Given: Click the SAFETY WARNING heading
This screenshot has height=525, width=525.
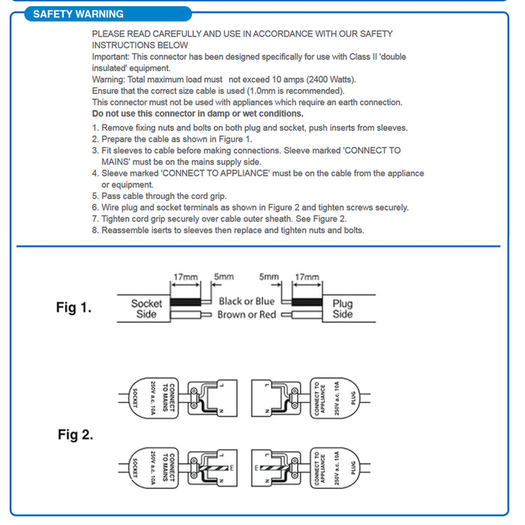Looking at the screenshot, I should pos(78,13).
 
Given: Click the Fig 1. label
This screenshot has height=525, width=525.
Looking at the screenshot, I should pos(74,307).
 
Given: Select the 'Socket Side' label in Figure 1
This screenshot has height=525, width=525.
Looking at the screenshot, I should pos(146,308).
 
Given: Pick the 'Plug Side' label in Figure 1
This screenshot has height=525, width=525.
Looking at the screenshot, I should pos(343,309).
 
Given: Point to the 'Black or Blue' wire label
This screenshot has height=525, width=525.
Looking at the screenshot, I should pos(247,301).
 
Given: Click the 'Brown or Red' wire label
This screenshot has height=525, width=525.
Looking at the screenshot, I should pos(247,315).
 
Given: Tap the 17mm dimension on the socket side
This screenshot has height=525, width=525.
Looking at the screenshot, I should pos(186,277).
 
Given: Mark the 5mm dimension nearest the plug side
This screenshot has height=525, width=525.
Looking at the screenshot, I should pos(268,277).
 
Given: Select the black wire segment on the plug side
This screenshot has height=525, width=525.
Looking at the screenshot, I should pos(307,301).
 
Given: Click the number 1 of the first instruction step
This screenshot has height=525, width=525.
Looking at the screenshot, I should pos(94,127).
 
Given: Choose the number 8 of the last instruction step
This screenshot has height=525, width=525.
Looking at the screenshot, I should pos(94,230).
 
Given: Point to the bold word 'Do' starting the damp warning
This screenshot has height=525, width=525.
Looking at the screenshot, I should pos(98,113).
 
